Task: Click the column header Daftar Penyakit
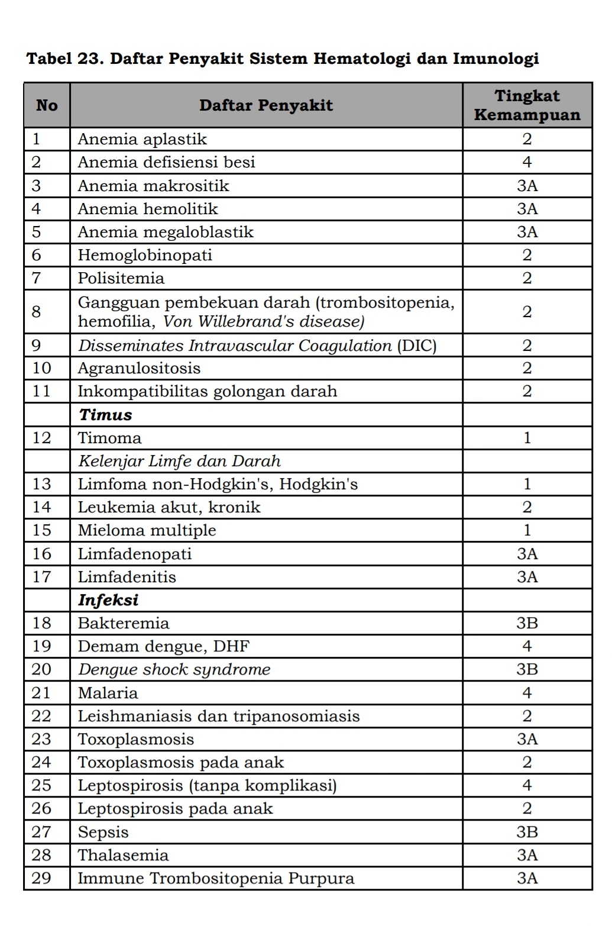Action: (266, 106)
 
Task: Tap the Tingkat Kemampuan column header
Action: (527, 105)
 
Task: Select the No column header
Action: (47, 106)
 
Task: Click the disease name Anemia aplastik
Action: (143, 139)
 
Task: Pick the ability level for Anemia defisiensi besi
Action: (527, 162)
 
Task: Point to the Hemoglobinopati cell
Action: (145, 255)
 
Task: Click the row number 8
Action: (37, 312)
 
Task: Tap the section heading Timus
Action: (105, 415)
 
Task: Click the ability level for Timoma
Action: (527, 438)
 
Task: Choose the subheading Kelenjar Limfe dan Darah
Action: (179, 461)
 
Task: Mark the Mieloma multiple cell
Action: (147, 530)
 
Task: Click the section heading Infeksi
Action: (108, 600)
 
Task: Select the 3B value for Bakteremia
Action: (527, 623)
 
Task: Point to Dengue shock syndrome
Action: (174, 669)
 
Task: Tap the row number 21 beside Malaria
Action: (41, 693)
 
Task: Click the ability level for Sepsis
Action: (527, 832)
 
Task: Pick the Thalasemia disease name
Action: (123, 855)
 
